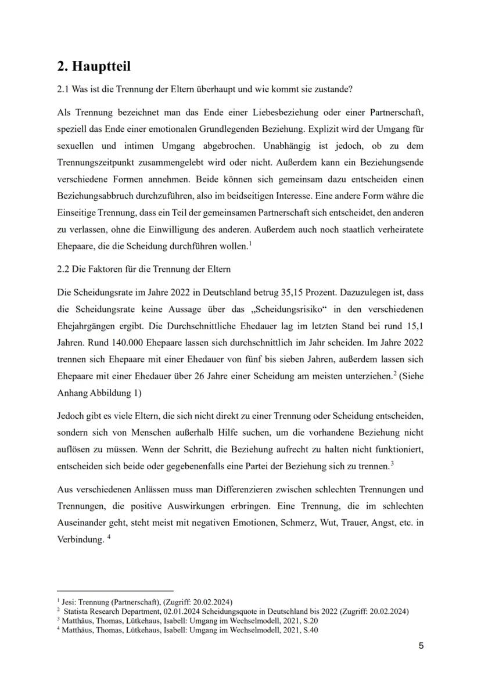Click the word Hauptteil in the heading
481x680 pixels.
tap(101, 66)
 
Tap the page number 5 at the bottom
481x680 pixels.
tap(421, 646)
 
